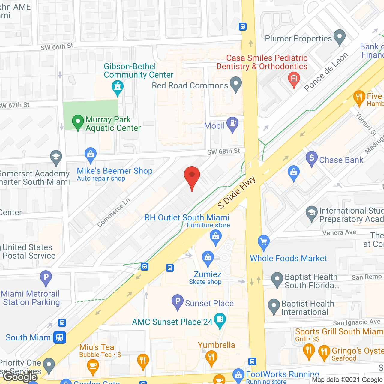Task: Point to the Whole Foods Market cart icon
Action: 264,242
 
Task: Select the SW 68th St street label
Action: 223,151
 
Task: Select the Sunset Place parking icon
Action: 178,301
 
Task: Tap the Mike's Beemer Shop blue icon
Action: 90,155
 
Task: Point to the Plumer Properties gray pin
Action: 340,37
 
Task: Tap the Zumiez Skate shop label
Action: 207,277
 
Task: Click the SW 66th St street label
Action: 57,47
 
